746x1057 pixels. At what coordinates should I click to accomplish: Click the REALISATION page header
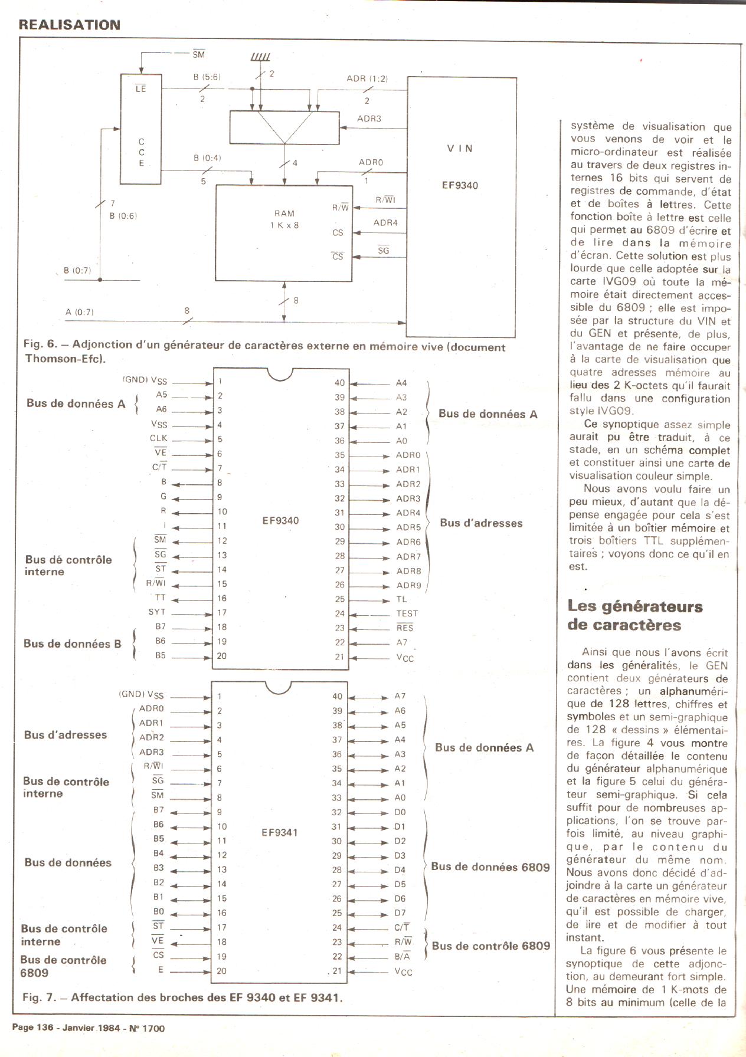[x=70, y=25]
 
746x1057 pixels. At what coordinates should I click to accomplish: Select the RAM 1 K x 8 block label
[x=284, y=219]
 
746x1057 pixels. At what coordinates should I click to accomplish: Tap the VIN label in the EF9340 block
[x=460, y=149]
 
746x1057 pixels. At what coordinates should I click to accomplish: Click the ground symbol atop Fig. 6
[x=260, y=57]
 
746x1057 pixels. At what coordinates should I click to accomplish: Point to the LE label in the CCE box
[x=140, y=89]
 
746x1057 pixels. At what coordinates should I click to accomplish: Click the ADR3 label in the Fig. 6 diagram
[x=369, y=119]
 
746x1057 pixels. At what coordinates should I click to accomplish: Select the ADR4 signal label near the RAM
[x=385, y=222]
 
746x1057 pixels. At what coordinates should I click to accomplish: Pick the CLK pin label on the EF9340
[x=159, y=438]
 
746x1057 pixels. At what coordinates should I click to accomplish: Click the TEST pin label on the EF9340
[x=407, y=613]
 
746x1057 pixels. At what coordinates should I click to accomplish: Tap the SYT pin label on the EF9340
[x=157, y=612]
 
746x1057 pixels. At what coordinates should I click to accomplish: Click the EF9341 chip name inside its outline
[x=280, y=832]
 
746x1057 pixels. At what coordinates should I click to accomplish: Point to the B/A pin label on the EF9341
[x=402, y=956]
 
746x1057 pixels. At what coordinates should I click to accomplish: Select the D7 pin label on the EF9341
[x=400, y=913]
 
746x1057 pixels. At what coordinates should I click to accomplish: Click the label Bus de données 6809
[x=490, y=866]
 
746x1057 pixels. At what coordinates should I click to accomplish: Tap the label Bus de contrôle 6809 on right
[x=490, y=946]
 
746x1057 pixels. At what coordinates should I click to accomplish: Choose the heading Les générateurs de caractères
[x=634, y=615]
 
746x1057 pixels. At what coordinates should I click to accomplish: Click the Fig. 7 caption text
[x=182, y=997]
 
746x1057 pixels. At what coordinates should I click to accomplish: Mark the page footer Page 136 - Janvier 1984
[x=89, y=1028]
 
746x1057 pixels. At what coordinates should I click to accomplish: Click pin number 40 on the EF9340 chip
[x=339, y=383]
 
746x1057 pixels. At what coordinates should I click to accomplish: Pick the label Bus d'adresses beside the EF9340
[x=481, y=523]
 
